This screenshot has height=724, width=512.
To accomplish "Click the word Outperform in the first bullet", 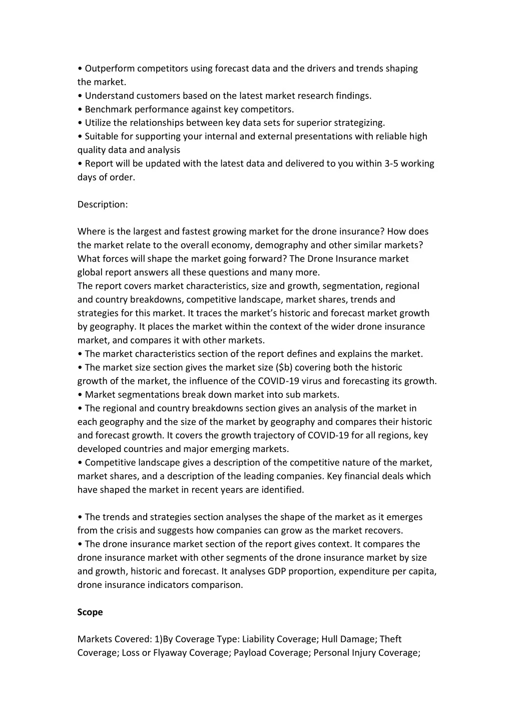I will [x=110, y=68].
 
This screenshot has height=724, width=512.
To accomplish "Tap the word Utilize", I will [x=99, y=123].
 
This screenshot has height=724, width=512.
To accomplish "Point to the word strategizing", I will [x=359, y=123].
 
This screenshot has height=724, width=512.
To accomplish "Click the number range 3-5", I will [x=391, y=163].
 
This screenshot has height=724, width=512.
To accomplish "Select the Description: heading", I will [x=103, y=204].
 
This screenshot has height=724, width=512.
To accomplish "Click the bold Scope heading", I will [x=90, y=612].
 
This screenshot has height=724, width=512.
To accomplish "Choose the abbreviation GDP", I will [x=277, y=571].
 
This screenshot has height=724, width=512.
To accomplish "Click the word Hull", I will [x=330, y=639].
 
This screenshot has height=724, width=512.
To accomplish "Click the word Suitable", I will [x=102, y=136].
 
